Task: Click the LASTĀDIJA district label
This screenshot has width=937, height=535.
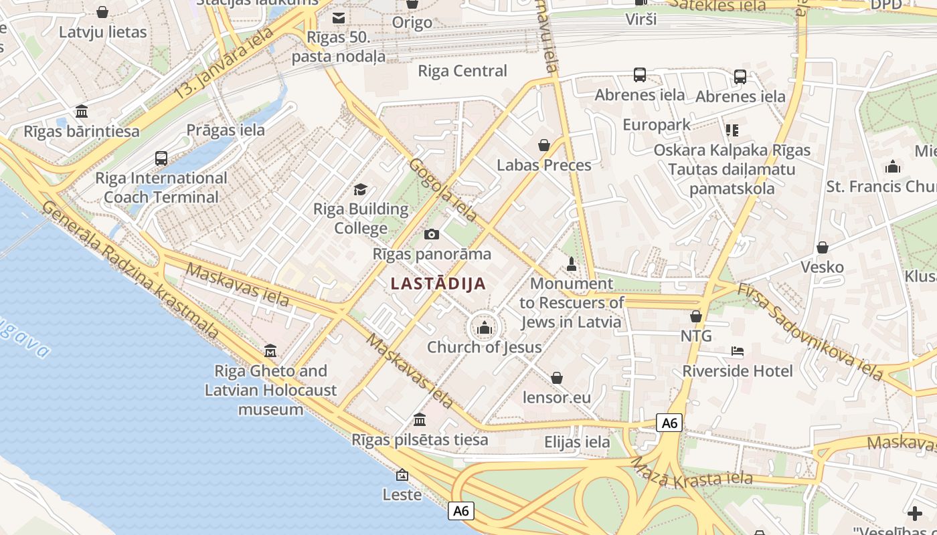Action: click(x=438, y=284)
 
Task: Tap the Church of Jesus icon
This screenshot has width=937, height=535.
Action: click(x=483, y=327)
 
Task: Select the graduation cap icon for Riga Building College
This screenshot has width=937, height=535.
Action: click(x=361, y=189)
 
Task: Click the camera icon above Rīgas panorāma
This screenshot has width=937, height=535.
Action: click(x=432, y=234)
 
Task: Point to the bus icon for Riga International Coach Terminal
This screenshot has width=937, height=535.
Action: click(x=161, y=158)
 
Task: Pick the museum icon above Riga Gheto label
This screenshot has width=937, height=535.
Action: click(x=270, y=350)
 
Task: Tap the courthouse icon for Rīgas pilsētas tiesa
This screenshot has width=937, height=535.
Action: click(x=420, y=420)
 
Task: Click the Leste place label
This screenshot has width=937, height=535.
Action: click(x=402, y=495)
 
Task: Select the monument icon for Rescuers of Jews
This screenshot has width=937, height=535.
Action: click(x=572, y=263)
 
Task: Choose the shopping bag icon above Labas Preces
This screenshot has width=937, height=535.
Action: click(x=544, y=145)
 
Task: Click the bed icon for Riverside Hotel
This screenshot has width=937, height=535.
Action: click(x=737, y=351)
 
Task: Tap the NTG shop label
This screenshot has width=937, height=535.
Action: click(x=696, y=336)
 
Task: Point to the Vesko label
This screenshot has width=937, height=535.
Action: click(x=822, y=267)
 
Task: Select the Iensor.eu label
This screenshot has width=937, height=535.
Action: click(x=556, y=398)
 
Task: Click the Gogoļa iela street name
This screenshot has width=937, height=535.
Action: click(x=443, y=190)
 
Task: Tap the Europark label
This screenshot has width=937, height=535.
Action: click(x=656, y=125)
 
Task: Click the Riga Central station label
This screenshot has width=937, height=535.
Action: click(x=462, y=71)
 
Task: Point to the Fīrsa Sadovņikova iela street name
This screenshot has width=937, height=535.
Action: click(x=810, y=332)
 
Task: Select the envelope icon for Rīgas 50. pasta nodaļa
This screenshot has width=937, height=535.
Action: click(x=339, y=18)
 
